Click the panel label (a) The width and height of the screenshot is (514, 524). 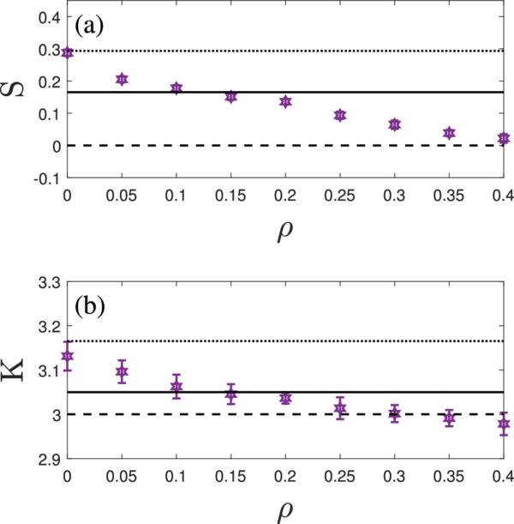point(89,27)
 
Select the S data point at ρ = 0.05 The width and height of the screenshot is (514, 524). point(122,80)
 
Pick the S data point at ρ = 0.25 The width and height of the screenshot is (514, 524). point(340,115)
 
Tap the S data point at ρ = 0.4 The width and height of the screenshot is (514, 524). point(504,138)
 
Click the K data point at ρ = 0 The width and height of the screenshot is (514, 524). point(68,356)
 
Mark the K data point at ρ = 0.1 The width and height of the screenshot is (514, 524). point(176,387)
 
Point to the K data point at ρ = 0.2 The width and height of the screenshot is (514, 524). point(285,398)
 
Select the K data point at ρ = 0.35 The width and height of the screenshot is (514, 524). point(449,418)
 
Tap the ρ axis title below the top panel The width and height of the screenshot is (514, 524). point(285,231)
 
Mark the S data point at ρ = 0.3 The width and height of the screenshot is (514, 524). point(395,124)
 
